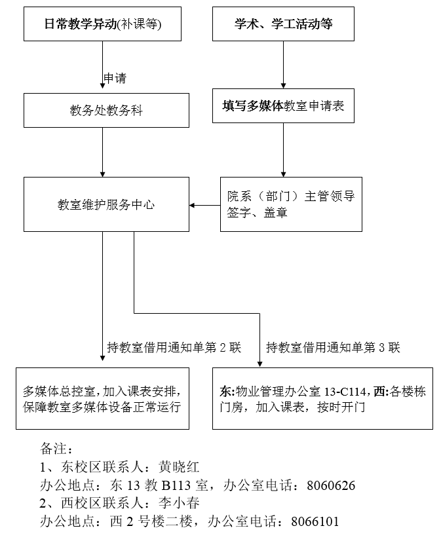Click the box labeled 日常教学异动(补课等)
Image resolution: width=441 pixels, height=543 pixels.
tap(103, 24)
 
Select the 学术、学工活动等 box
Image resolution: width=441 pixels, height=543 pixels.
tap(284, 24)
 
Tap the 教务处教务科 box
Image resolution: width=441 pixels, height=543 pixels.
tap(106, 110)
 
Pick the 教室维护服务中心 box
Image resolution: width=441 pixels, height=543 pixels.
tap(106, 204)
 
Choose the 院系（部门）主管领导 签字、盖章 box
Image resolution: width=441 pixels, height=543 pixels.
tap(291, 204)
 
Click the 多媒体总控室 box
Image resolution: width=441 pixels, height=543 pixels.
tap(103, 398)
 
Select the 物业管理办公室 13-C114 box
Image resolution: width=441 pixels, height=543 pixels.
tap(322, 398)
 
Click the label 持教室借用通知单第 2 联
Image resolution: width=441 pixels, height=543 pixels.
tap(174, 347)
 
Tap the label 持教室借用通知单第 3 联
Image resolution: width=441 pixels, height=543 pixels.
tap(333, 347)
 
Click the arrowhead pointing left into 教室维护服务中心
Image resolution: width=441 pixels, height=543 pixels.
tap(193, 206)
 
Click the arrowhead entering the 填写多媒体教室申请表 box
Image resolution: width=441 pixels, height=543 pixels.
tap(283, 84)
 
